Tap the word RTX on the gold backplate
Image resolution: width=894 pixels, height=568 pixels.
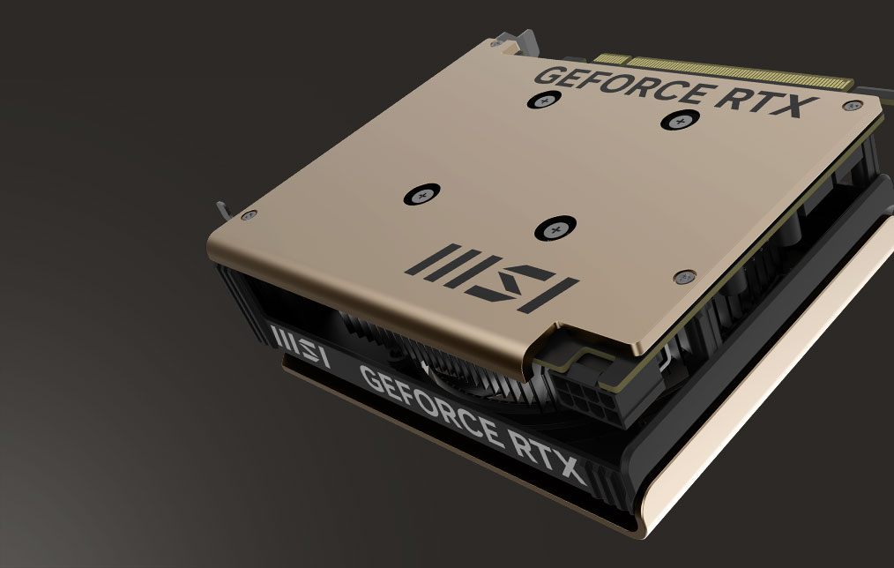tap(758, 99)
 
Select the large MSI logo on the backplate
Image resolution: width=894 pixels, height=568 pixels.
tap(488, 277)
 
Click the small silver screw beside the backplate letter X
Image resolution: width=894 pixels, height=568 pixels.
tap(850, 106)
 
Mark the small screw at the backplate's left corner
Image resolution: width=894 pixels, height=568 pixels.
tap(248, 213)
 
